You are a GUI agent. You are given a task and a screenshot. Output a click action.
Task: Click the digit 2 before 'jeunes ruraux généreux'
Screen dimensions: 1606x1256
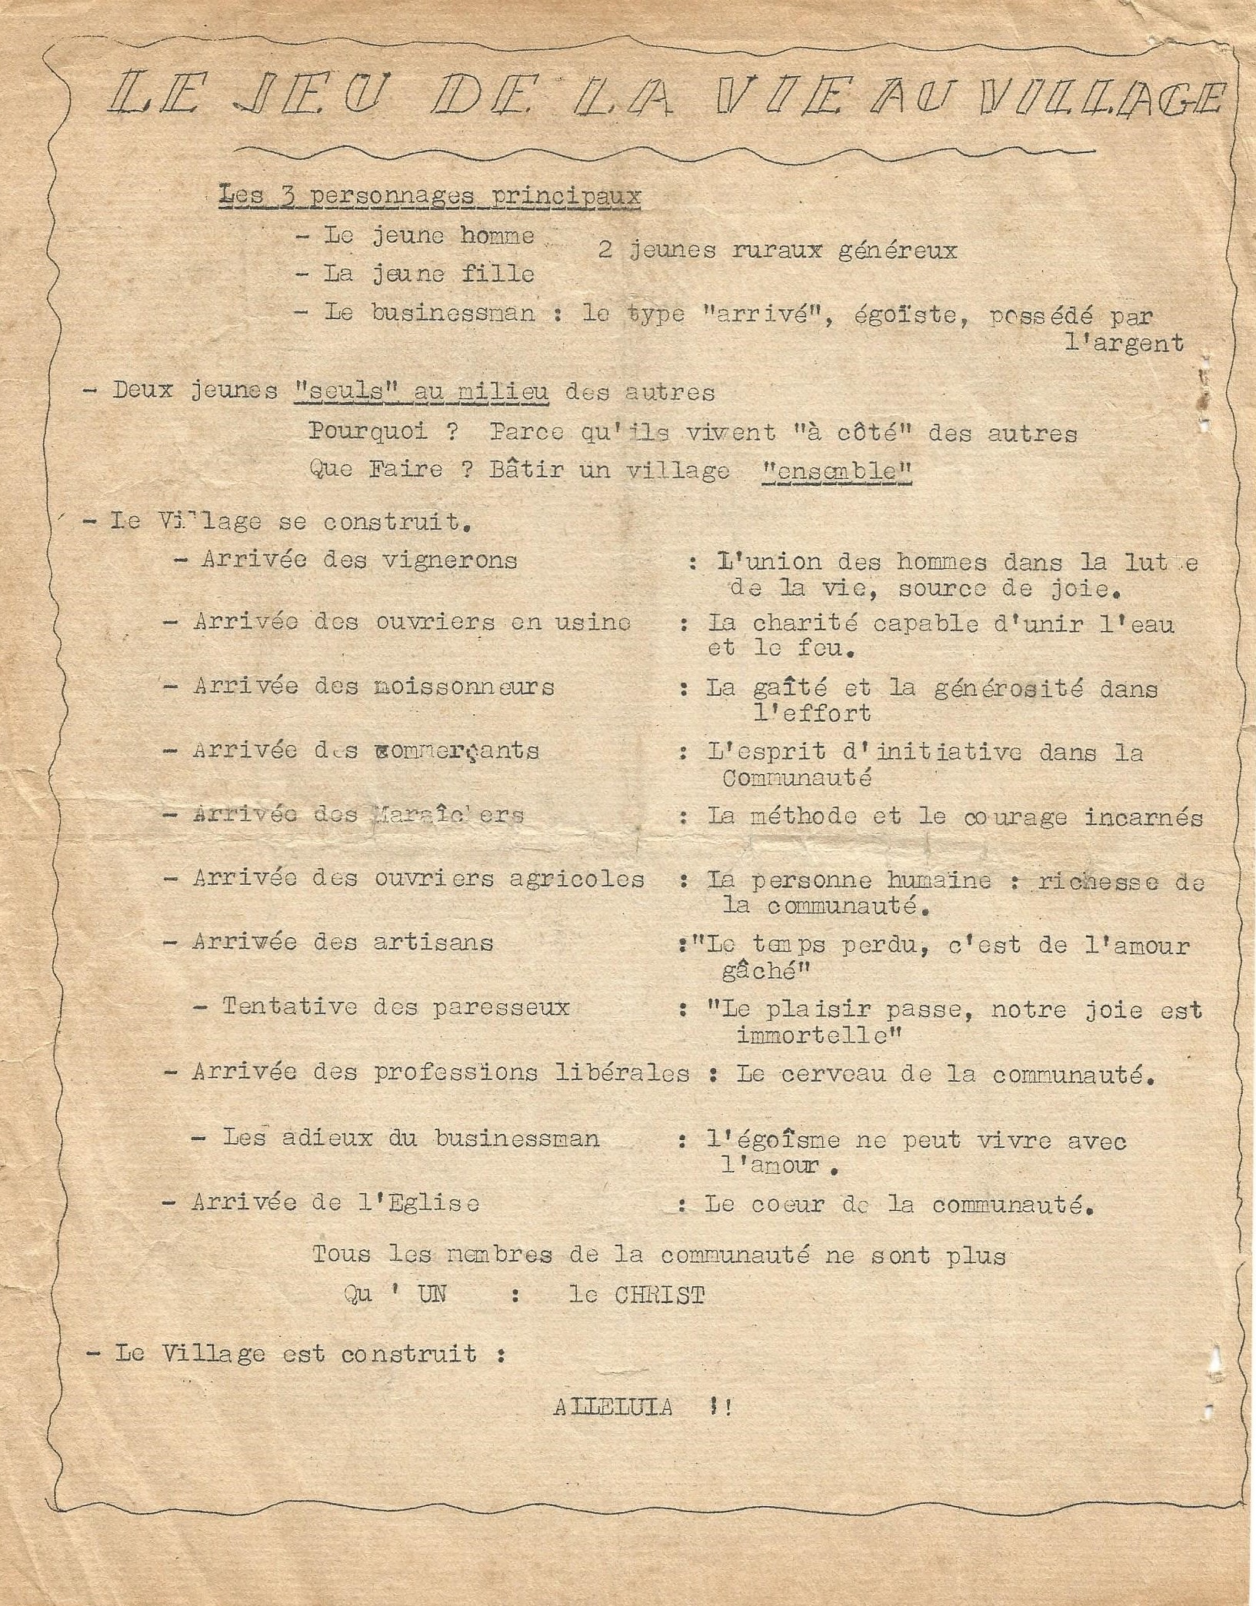click(x=605, y=251)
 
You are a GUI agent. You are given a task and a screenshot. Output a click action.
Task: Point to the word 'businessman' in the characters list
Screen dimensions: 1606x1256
click(x=452, y=314)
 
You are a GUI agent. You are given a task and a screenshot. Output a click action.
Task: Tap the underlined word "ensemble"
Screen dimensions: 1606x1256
click(x=835, y=470)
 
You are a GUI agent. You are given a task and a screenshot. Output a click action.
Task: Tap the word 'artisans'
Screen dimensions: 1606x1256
click(x=433, y=942)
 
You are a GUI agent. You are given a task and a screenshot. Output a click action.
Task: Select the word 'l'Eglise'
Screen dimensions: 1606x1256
click(x=420, y=1203)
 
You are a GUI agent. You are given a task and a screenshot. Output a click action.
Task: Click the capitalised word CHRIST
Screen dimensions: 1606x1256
click(x=659, y=1295)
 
